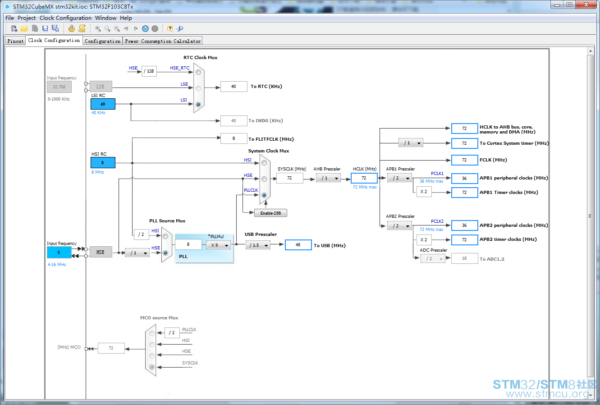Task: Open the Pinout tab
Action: click(x=15, y=41)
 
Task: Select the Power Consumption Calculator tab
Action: click(x=163, y=41)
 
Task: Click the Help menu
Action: click(x=126, y=18)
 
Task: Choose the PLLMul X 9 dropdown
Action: click(x=218, y=245)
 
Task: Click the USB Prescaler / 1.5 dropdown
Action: click(x=258, y=245)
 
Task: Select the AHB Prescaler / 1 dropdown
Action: click(x=328, y=178)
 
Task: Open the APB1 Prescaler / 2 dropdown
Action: click(x=399, y=178)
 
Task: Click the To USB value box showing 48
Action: click(x=298, y=245)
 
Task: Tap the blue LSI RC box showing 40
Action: click(x=103, y=104)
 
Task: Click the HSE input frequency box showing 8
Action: click(x=59, y=252)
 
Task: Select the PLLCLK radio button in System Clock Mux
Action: click(x=264, y=195)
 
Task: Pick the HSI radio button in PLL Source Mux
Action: click(x=165, y=236)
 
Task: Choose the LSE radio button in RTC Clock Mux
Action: click(x=198, y=88)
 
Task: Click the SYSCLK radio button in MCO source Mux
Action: click(x=152, y=367)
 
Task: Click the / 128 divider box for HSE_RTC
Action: click(x=149, y=71)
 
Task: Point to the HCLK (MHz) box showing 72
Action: click(x=364, y=178)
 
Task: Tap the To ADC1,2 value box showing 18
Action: click(x=464, y=258)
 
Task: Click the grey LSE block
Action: click(x=101, y=87)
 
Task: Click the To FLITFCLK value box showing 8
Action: click(x=234, y=138)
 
